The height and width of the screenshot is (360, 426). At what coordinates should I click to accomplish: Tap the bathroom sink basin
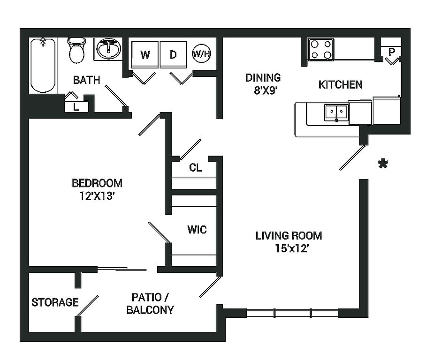(109, 48)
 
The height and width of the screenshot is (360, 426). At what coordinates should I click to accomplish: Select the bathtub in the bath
(43, 65)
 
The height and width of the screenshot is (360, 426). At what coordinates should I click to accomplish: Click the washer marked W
(145, 55)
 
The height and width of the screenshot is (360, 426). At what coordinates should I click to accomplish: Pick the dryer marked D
(173, 55)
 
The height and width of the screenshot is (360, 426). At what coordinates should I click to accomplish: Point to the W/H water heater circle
(202, 54)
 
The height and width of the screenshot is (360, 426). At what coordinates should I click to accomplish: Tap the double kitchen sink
(336, 112)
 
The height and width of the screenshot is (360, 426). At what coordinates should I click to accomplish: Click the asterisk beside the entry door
(383, 164)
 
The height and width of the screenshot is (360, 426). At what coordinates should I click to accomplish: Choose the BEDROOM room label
(97, 183)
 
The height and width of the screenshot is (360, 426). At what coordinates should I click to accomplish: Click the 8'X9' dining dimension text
(263, 91)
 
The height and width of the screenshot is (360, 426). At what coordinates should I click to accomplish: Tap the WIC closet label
(197, 230)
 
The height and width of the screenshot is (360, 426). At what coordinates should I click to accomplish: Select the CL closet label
(196, 167)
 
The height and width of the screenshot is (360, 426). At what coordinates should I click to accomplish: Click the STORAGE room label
(55, 302)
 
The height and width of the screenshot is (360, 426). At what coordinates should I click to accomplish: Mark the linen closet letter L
(76, 107)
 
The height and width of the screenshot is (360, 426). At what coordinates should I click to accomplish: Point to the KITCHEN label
(340, 85)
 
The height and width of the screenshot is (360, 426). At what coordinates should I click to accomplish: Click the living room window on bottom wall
(292, 313)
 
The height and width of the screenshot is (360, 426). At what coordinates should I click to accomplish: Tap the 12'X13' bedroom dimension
(97, 196)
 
